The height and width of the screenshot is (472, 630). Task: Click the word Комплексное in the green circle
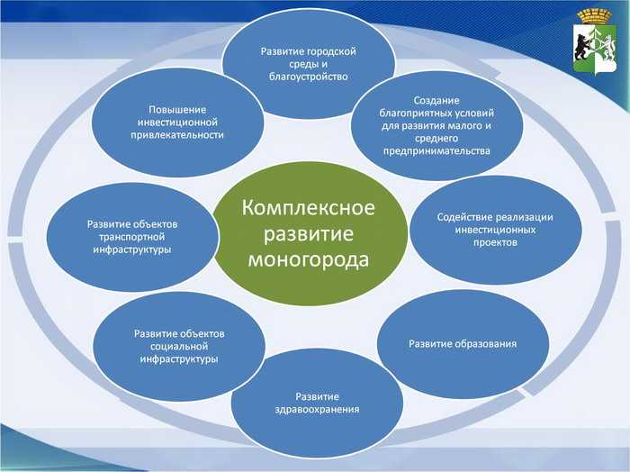(308, 208)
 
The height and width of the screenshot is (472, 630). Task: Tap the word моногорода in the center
(308, 259)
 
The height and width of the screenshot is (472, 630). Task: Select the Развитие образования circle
(463, 344)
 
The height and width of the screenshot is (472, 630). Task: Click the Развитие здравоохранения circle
(317, 404)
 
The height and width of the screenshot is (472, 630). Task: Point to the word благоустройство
(309, 77)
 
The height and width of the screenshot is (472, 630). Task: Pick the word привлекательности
(177, 135)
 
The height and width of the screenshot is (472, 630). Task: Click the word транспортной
(131, 237)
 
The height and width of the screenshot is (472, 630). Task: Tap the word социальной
(179, 346)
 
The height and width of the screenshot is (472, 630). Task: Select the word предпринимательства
(436, 151)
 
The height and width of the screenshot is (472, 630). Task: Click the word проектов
(495, 243)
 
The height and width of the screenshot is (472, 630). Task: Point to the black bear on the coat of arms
(581, 45)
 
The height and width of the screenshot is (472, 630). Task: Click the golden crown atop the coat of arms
(594, 16)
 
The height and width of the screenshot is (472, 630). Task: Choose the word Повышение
(177, 110)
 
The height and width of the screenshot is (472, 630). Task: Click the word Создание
(436, 101)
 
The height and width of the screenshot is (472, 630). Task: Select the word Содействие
(464, 217)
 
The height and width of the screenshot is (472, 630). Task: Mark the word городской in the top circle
(331, 52)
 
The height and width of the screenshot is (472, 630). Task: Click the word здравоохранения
(317, 410)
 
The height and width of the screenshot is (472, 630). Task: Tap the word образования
(485, 344)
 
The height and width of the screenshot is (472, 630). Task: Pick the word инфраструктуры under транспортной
(132, 250)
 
